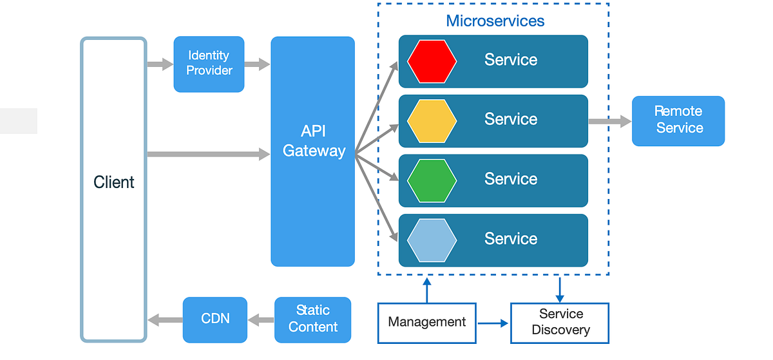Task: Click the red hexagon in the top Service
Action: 432,61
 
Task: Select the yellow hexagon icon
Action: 432,121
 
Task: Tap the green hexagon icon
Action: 432,180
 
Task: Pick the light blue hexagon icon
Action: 432,240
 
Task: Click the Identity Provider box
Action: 209,64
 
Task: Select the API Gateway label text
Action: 314,142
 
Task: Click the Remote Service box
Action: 678,120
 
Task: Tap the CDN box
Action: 215,319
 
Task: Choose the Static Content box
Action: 313,319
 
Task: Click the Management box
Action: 427,322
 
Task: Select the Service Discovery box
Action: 560,322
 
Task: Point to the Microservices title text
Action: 495,21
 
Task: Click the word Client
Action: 114,182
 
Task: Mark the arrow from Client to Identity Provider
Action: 160,64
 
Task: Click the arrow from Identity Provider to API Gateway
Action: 257,64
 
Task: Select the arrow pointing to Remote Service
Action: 609,121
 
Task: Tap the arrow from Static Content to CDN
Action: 261,319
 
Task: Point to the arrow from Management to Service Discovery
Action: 493,323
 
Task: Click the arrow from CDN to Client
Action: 165,319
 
